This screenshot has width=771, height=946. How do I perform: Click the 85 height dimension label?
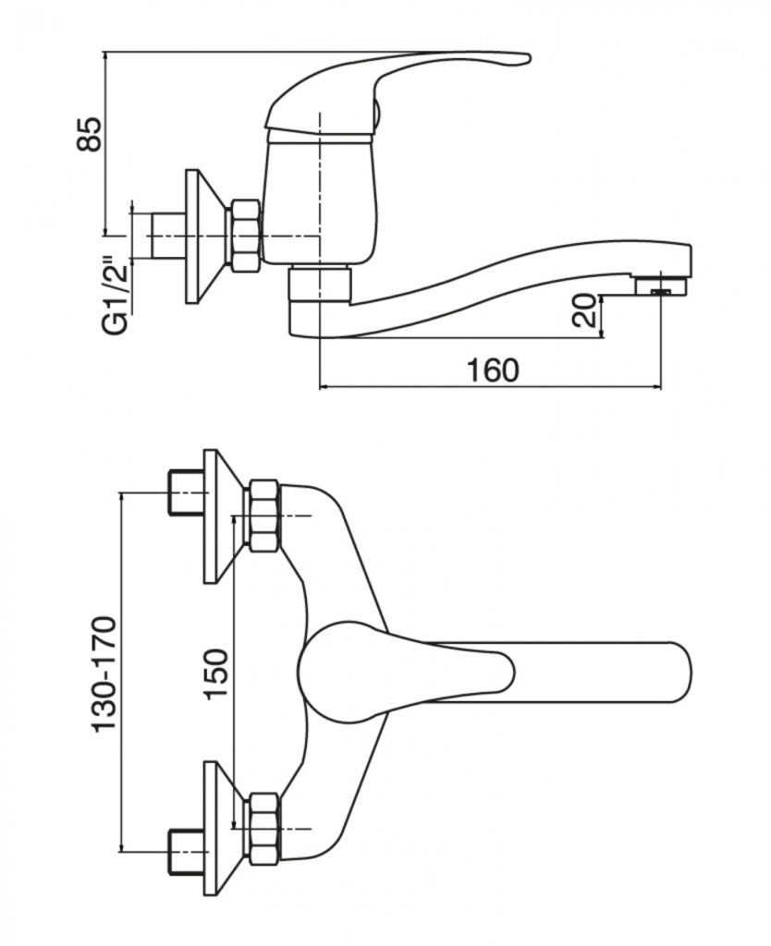(90, 135)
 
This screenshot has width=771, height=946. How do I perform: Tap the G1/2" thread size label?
(116, 296)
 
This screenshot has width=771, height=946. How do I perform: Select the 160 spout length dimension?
(493, 370)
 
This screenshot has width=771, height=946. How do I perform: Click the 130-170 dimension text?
(104, 673)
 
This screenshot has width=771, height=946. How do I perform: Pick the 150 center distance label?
(216, 673)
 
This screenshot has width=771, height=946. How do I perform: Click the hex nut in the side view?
(243, 235)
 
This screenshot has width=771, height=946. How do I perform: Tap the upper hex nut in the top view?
(263, 515)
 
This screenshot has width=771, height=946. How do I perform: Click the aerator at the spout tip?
(662, 285)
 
